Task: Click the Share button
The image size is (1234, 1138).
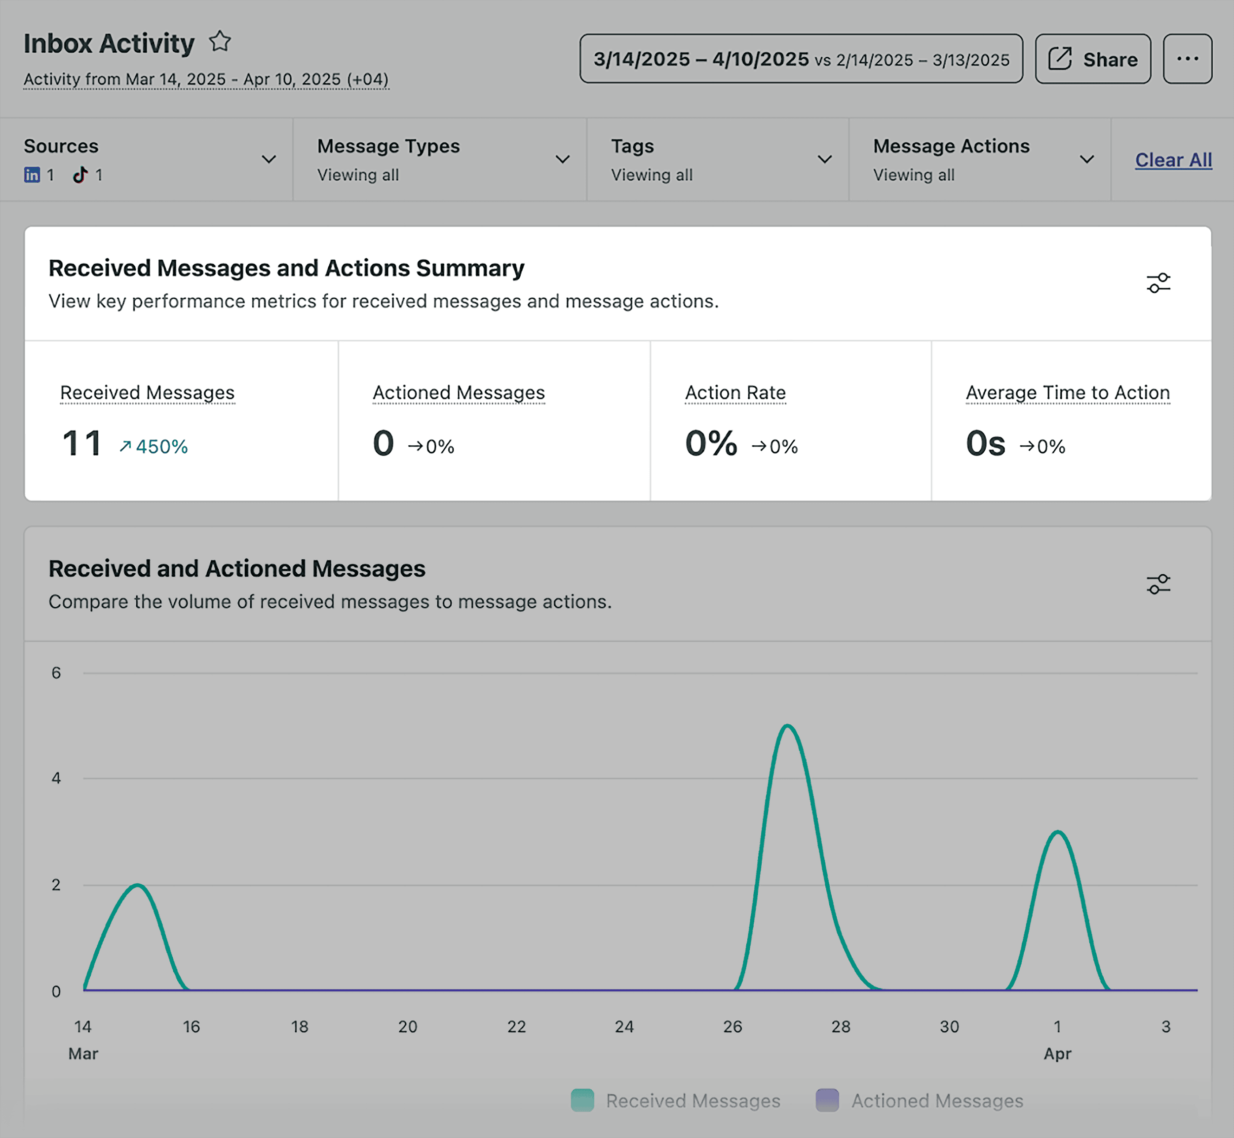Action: point(1092,59)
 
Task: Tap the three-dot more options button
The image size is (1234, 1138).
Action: point(1187,59)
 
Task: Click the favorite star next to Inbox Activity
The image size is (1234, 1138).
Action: point(220,42)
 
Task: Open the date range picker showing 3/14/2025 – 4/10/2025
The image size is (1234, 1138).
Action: point(801,59)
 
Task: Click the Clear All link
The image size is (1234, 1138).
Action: point(1173,160)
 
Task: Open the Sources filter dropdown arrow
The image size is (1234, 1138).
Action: point(269,159)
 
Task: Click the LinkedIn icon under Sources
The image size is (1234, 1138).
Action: point(32,175)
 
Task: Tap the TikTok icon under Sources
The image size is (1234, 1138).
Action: point(80,175)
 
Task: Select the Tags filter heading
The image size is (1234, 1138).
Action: point(632,147)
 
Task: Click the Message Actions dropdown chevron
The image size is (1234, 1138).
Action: point(1087,159)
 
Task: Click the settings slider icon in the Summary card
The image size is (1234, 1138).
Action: point(1157,283)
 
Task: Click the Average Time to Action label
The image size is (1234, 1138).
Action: point(1067,393)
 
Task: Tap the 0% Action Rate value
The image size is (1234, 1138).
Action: point(711,443)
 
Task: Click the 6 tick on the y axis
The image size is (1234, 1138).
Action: point(56,673)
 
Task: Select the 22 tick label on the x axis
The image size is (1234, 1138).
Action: point(516,1026)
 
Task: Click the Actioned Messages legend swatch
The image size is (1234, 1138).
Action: point(826,1100)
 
